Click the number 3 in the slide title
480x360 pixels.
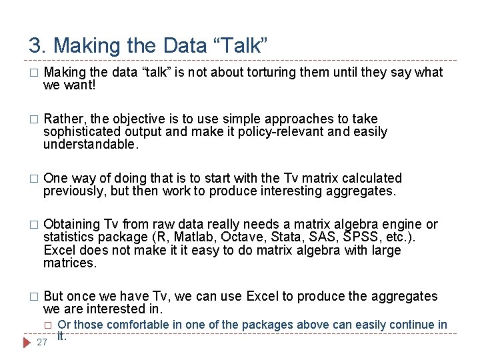click(x=35, y=45)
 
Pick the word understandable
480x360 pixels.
click(x=90, y=144)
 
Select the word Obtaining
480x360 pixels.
click(x=71, y=224)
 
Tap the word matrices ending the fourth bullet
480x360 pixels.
click(x=69, y=263)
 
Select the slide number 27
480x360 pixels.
click(x=42, y=343)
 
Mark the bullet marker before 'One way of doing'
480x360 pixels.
click(x=35, y=179)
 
